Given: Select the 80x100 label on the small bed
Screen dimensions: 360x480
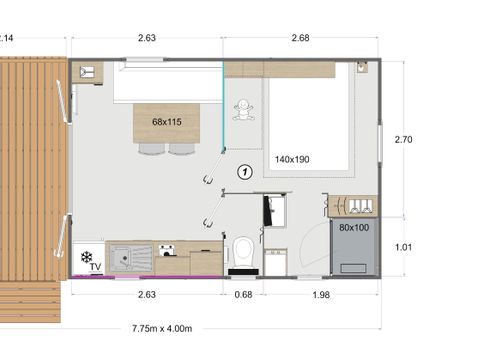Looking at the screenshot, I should point(353,228).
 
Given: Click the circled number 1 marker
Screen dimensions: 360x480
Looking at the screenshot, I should point(243,171).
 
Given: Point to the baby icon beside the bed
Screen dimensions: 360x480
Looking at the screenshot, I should point(241,112).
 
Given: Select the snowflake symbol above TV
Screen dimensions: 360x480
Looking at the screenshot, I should point(87,256).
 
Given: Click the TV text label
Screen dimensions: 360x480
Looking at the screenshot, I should point(95,267).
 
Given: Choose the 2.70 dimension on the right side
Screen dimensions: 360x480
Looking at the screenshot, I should point(403,139).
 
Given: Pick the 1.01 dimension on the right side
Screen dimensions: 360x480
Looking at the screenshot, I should point(403,246).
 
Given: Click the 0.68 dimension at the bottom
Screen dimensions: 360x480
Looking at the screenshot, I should point(242,294).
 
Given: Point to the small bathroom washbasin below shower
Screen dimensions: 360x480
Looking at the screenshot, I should point(276,259).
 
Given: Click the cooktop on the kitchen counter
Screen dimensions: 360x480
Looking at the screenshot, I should point(167,251).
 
